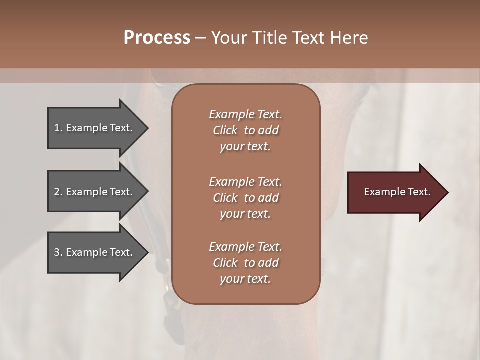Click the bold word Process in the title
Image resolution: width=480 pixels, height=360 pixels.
(x=157, y=38)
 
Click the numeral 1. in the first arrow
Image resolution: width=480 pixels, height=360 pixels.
(x=58, y=128)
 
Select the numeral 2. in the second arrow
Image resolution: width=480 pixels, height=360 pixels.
(x=58, y=192)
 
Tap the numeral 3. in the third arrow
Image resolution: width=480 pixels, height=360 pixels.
(x=58, y=252)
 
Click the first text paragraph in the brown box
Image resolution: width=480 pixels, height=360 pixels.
(x=245, y=130)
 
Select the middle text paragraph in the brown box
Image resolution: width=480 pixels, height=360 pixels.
(x=245, y=198)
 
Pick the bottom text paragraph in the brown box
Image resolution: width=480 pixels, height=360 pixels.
(x=245, y=263)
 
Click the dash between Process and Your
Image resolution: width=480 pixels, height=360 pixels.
(x=200, y=38)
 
